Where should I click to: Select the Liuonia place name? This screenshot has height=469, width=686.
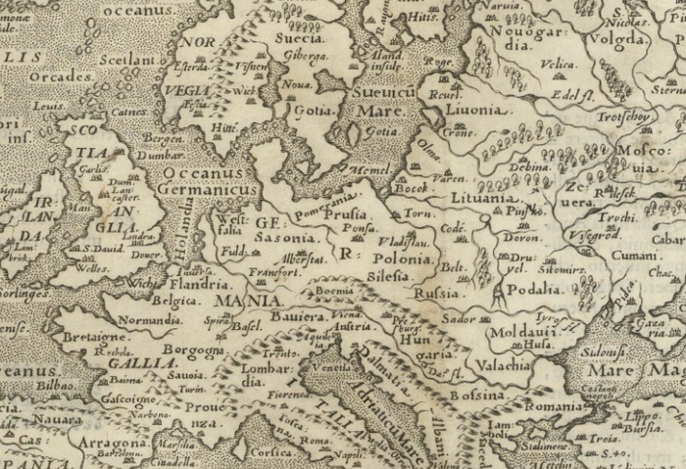[x=480, y=112]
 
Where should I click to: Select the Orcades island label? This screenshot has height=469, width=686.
[x=60, y=75]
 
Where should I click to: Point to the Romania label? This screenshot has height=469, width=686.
[x=553, y=404]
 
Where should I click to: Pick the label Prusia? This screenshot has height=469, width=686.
[x=345, y=212]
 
